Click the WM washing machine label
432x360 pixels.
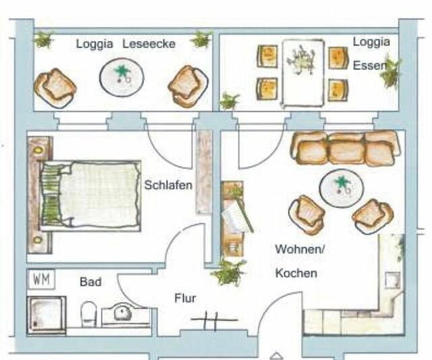click(x=40, y=279)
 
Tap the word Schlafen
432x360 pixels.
click(x=168, y=185)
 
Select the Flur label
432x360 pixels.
click(x=185, y=298)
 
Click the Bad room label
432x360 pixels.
click(x=90, y=281)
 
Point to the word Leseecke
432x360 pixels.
click(x=148, y=44)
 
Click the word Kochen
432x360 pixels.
click(x=296, y=274)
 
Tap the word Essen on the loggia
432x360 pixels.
click(x=369, y=66)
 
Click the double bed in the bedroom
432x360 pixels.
click(x=91, y=195)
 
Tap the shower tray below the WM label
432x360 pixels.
click(x=47, y=315)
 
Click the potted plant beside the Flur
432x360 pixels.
click(x=228, y=272)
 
